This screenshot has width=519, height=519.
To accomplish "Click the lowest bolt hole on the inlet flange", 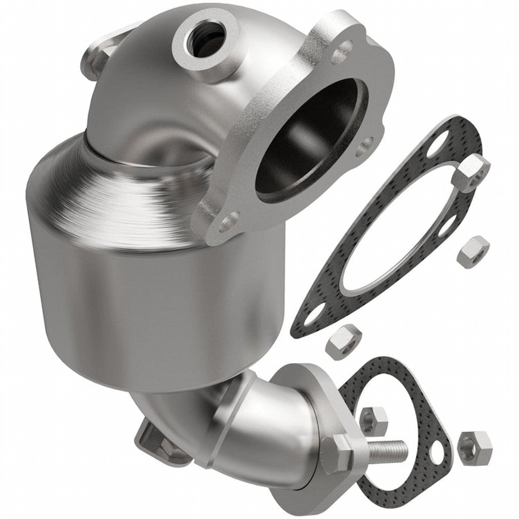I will [229, 221].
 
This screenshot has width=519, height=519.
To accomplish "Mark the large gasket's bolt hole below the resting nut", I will [446, 227].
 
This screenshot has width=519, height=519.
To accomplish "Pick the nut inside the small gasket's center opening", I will [374, 420].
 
